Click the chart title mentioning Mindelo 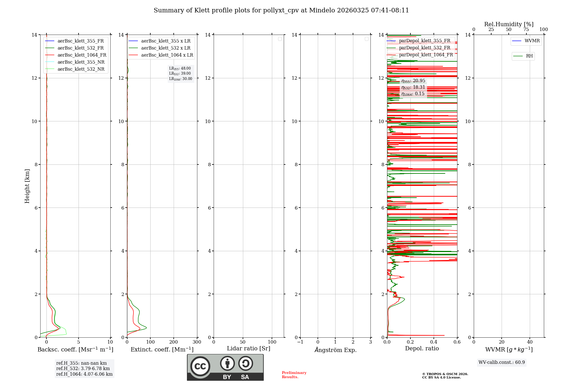281,10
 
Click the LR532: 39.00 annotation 180,74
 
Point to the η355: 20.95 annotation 413,81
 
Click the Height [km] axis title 27,186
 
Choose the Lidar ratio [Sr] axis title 249,349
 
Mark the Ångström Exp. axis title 335,350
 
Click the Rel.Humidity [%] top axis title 509,24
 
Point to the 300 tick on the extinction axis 197,342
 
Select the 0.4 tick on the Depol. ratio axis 434,342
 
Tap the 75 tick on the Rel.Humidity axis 526,30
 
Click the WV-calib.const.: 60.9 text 502,362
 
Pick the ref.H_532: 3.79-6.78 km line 83,369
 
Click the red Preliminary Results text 294,375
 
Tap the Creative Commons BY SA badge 225,368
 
